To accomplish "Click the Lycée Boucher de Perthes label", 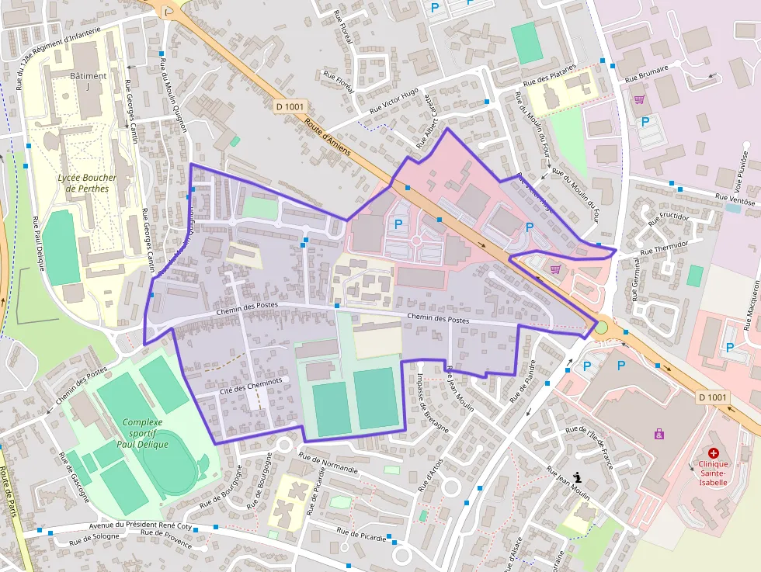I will (x=87, y=182).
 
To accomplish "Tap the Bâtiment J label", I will (x=88, y=81).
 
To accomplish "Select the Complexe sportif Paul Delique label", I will (x=144, y=433).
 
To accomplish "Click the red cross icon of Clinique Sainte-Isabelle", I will (x=713, y=452).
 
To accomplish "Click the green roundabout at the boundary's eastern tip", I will (x=601, y=328).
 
